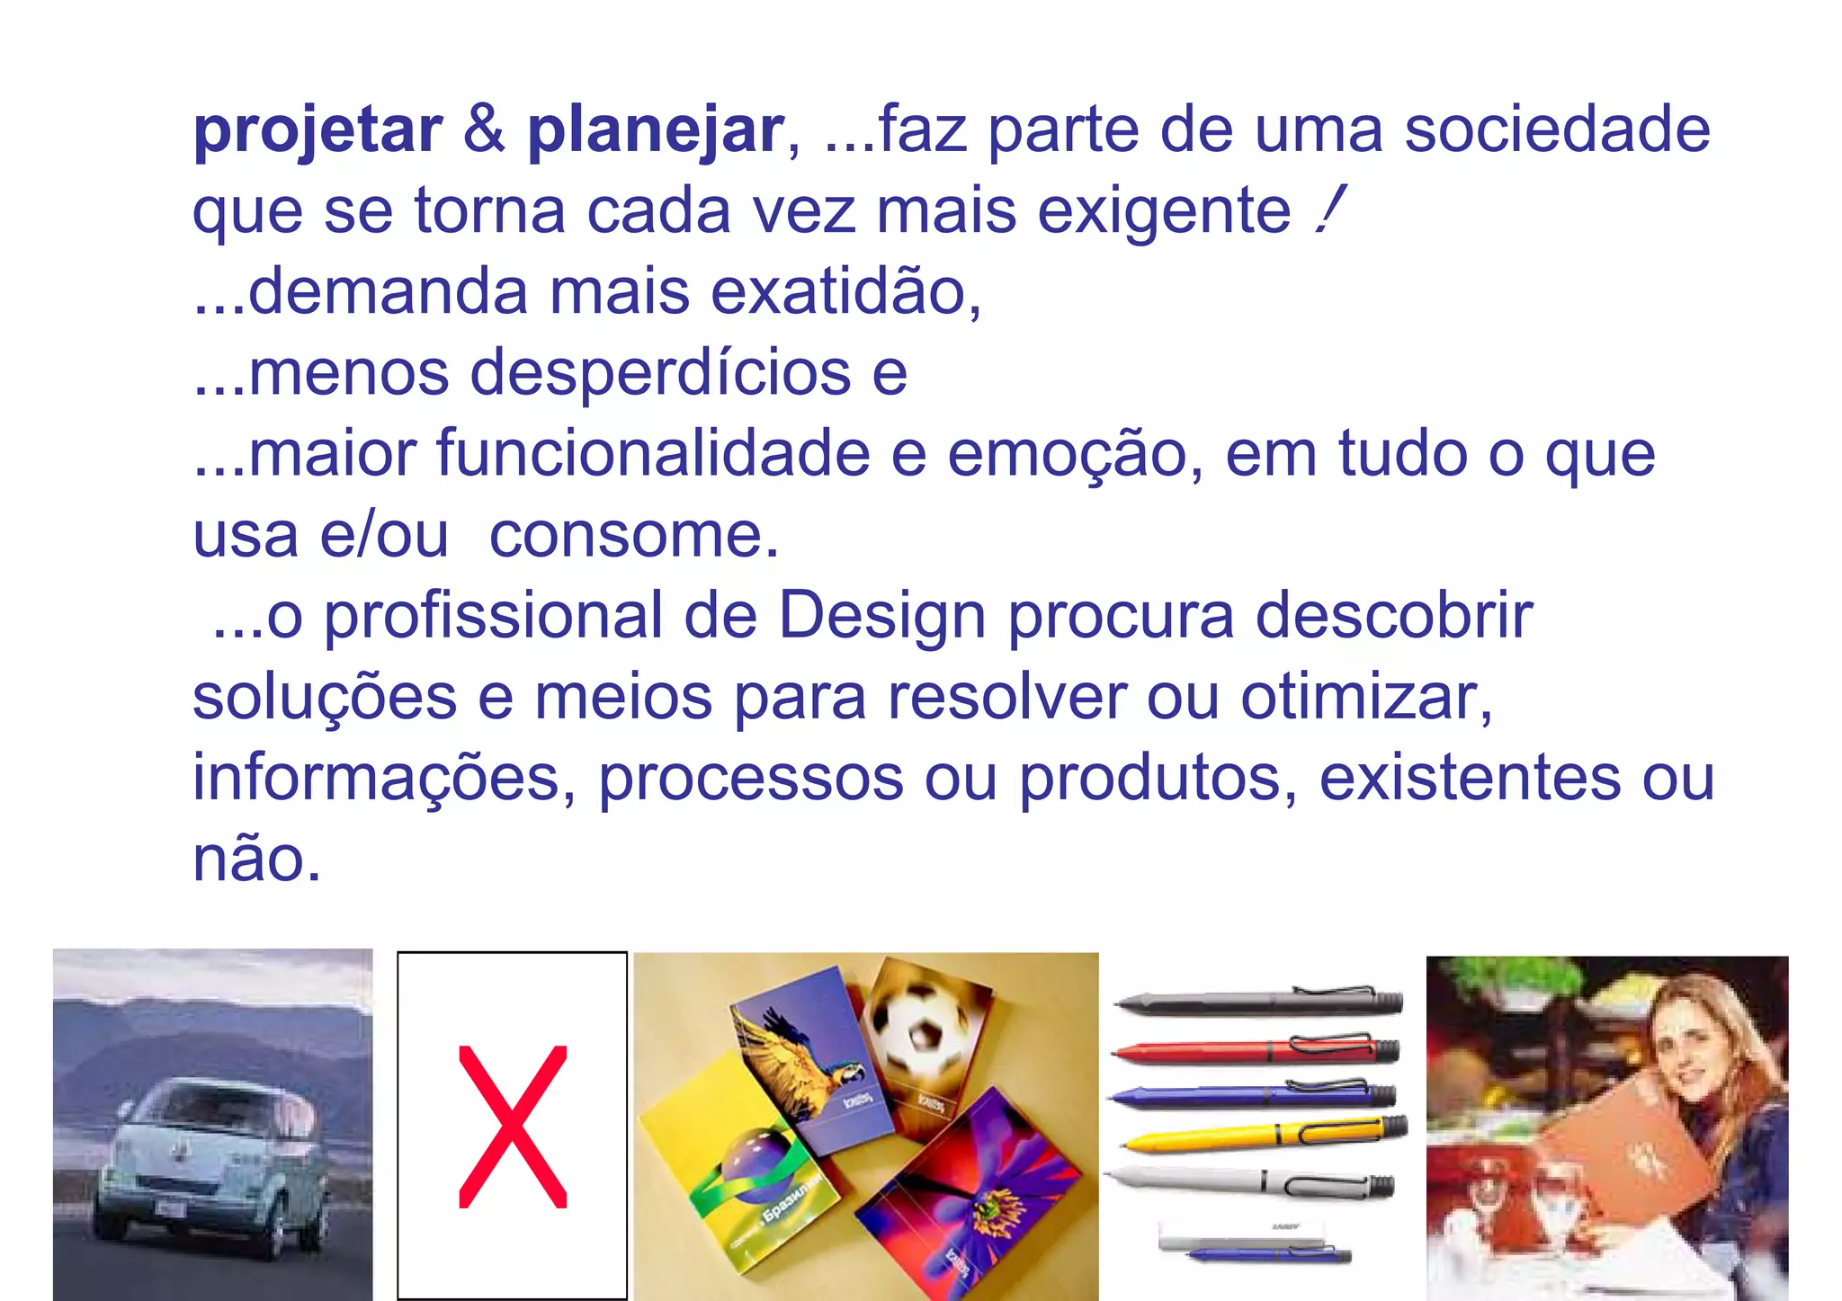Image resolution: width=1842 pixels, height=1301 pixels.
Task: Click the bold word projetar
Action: coord(317,131)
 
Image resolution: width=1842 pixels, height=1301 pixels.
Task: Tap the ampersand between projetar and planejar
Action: coord(484,129)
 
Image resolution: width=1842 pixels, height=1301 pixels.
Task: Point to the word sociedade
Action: coord(1557,129)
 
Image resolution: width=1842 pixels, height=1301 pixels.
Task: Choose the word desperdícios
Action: coord(661,373)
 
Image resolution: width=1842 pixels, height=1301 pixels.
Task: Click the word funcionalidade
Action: coord(654,454)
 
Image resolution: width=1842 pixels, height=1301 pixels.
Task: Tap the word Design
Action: coord(881,618)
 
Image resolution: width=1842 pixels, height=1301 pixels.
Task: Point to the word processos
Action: coord(751,779)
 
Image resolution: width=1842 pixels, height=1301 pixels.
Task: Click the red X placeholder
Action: coord(512,1126)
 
